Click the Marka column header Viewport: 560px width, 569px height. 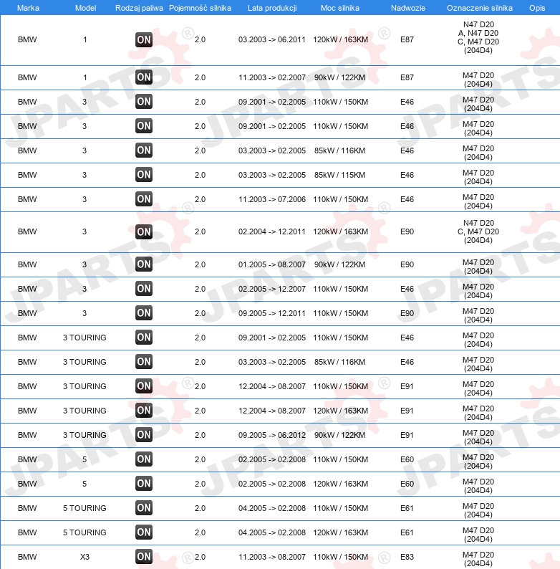pos(27,7)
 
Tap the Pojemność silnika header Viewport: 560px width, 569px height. pos(200,7)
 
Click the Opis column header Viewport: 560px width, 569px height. pos(536,7)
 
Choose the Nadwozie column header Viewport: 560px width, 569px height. pos(407,7)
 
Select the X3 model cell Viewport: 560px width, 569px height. pos(85,557)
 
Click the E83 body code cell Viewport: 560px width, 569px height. pos(407,557)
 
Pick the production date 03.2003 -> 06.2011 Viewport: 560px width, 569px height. pos(272,40)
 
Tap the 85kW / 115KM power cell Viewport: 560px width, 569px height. pos(340,175)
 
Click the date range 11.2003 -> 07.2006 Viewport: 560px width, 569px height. pos(272,199)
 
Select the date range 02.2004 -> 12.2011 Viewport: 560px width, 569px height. pos(272,231)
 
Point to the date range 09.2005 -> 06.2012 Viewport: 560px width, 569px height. pos(272,435)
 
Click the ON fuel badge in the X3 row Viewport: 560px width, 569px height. pos(144,557)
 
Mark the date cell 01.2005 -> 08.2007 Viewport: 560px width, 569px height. pos(272,264)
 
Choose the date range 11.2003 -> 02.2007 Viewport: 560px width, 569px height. pos(272,77)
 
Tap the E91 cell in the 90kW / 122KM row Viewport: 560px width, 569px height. pos(407,435)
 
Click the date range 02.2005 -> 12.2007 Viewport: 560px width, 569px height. pos(272,289)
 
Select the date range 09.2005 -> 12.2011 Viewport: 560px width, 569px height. pos(272,313)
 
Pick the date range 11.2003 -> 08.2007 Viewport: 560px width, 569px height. pos(272,557)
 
